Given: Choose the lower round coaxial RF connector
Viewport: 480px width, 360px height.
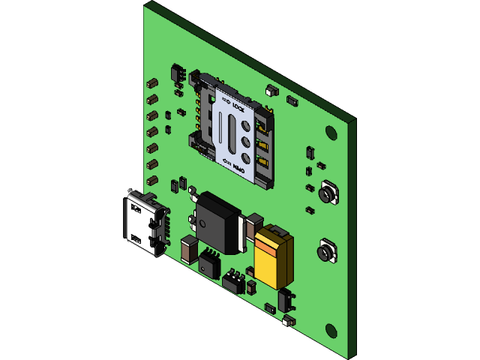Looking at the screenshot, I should (x=325, y=251).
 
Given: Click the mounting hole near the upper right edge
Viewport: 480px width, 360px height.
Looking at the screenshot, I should (x=331, y=132).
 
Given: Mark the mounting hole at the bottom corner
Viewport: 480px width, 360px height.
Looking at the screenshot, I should (x=331, y=330).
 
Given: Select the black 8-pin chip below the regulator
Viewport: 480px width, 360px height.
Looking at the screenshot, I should (x=208, y=262).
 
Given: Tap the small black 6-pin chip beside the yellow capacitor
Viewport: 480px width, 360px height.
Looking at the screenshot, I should (x=234, y=280).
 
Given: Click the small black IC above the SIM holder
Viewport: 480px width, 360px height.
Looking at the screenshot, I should (x=178, y=73).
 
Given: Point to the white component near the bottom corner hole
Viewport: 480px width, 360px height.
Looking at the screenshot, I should (x=287, y=321).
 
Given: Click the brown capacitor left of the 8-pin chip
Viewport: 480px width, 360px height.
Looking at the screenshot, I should (x=187, y=248).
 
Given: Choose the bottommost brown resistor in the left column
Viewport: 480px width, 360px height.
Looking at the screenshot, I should (x=152, y=180).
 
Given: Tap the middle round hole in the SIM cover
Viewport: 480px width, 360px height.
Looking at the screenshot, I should (x=245, y=139).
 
